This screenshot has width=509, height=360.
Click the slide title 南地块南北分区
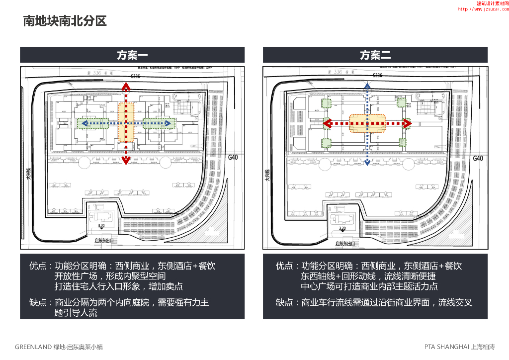point(65,21)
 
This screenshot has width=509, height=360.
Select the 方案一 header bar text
point(132,55)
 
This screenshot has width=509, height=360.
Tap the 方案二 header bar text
point(375,55)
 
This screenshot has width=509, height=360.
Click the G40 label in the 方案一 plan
point(234,158)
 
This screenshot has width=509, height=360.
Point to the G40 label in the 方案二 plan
point(477,158)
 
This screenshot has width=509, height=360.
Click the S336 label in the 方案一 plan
point(135,76)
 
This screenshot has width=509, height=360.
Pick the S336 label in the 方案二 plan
point(378,76)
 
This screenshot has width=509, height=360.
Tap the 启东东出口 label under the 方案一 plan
point(104,241)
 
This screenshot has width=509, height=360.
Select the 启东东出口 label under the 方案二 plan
point(345,244)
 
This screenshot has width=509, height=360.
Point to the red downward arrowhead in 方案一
point(126,160)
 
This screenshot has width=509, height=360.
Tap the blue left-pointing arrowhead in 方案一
point(85,123)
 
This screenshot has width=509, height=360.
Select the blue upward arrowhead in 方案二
point(367,87)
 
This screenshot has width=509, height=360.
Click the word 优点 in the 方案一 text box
point(38,267)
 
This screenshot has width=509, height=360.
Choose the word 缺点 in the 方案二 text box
point(284,302)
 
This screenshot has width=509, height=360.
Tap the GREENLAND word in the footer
point(33,347)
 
